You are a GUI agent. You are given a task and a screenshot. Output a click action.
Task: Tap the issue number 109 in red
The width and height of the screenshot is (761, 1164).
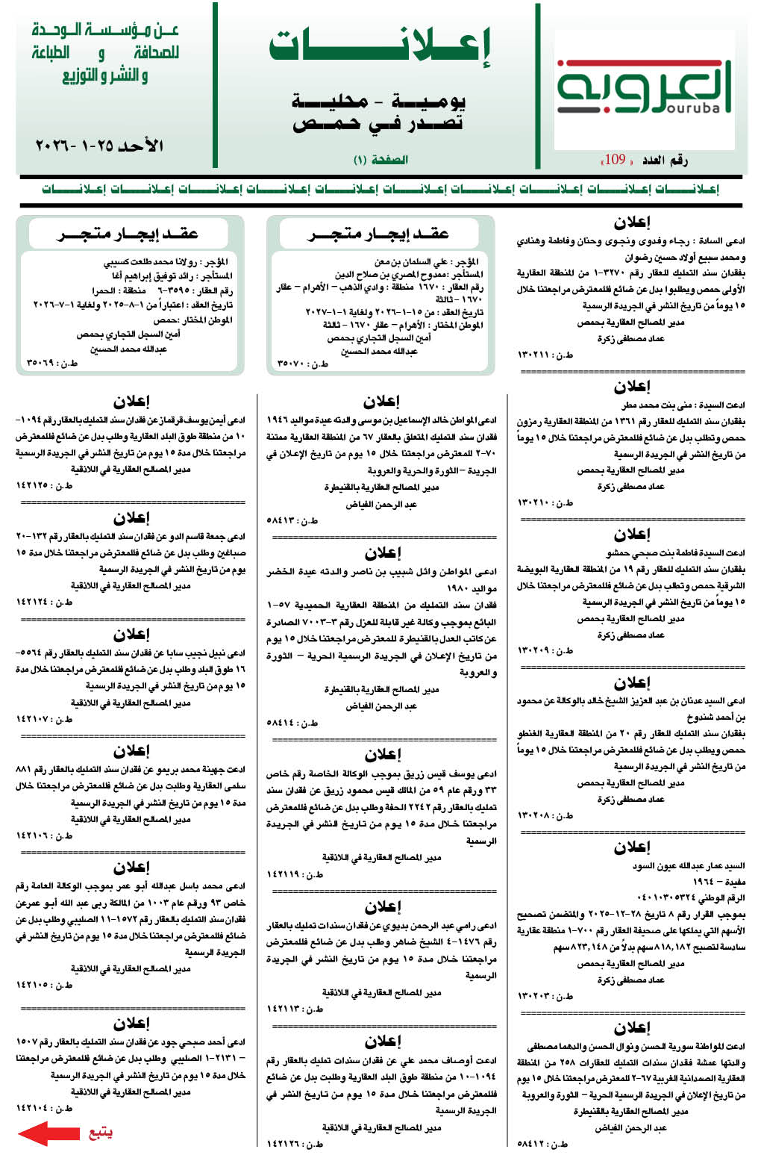614,159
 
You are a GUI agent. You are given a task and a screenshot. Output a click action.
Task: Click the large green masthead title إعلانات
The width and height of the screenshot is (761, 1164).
380,46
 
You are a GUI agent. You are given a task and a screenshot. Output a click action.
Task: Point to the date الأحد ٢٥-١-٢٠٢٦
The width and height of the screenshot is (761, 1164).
99,145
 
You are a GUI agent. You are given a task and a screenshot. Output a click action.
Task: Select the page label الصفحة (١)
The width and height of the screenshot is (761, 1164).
380,160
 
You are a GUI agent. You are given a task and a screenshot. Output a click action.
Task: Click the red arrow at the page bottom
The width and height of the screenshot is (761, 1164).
48,1133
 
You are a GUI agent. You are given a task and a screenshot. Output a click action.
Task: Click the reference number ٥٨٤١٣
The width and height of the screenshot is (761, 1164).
282,520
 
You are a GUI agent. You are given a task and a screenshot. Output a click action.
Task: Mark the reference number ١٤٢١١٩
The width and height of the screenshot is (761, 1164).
285,874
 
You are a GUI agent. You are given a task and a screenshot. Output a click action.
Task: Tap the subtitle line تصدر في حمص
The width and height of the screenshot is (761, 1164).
378,124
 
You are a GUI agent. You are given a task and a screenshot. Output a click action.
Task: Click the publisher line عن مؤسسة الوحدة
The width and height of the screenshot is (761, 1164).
105,31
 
